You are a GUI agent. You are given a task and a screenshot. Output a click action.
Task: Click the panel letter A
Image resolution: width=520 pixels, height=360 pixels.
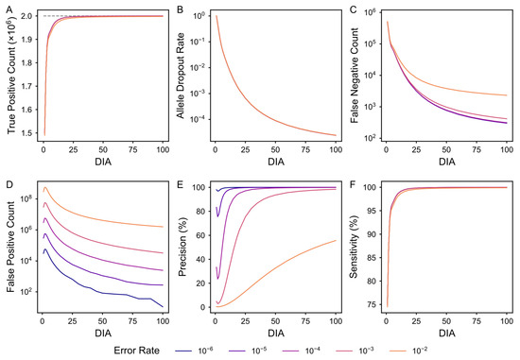click(x=9, y=10)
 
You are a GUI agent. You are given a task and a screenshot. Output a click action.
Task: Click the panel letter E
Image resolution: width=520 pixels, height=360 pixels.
click(x=180, y=184)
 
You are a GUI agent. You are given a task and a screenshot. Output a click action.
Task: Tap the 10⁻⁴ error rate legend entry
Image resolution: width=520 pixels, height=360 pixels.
click(x=301, y=351)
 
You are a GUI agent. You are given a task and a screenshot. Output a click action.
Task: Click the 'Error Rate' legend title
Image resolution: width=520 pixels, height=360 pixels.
click(x=137, y=351)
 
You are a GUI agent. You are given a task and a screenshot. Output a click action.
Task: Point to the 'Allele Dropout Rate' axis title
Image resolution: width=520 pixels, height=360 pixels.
click(x=181, y=76)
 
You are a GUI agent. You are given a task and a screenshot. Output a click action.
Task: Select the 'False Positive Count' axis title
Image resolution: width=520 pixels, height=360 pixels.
click(x=10, y=247)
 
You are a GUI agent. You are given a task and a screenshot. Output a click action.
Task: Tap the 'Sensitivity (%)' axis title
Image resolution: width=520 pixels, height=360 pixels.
click(x=354, y=247)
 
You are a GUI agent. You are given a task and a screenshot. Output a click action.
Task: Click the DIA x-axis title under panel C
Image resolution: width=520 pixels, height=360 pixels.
click(x=446, y=162)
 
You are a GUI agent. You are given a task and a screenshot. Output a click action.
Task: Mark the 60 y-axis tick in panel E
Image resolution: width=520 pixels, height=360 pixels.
click(x=199, y=235)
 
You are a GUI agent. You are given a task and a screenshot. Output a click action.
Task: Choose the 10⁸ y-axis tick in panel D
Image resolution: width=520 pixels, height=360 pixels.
click(x=27, y=198)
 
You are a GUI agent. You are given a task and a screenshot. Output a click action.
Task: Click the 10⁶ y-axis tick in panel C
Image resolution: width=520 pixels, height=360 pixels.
click(x=370, y=12)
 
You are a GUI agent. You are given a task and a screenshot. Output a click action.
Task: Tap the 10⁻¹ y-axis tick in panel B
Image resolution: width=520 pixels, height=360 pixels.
click(x=197, y=42)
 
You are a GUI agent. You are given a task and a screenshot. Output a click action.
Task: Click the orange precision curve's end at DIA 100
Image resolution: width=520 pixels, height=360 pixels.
click(x=336, y=240)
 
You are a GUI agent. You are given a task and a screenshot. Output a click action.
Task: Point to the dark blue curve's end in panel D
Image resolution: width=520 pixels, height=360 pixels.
click(x=163, y=307)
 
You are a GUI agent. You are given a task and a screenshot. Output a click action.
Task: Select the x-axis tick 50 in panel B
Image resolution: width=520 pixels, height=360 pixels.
click(x=275, y=150)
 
